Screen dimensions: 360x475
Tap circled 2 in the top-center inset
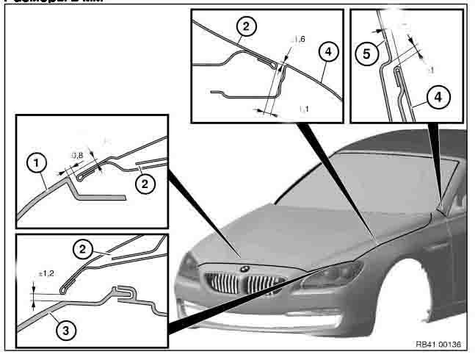[x=247, y=29]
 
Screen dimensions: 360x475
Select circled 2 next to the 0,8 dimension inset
[x=146, y=185]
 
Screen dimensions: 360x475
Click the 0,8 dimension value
[x=76, y=155]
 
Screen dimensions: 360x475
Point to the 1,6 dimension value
[x=299, y=40]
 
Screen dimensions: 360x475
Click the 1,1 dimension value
[x=303, y=109]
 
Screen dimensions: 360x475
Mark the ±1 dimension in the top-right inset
[x=430, y=70]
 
